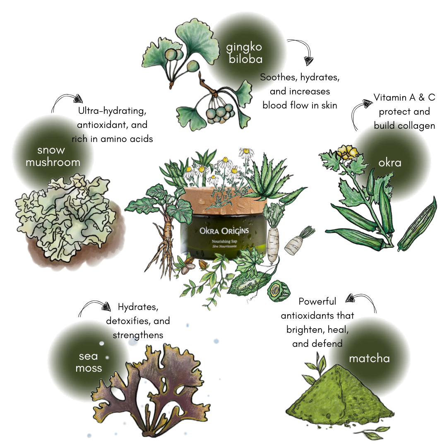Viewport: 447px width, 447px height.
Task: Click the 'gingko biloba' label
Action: pos(244,53)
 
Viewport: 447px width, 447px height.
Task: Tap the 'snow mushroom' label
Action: pos(53,156)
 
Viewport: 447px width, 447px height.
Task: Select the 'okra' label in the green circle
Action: pos(390,163)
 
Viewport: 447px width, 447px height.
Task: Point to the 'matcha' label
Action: pos(369,358)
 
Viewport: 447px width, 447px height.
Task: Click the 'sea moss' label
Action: pos(89,362)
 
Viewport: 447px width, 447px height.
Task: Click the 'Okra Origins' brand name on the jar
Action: pos(224,231)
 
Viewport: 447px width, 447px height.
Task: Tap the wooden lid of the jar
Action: pos(225,201)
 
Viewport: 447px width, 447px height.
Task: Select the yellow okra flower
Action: pos(347,152)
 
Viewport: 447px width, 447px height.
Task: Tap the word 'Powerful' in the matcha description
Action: pos(317,301)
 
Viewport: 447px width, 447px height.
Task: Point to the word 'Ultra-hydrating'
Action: pos(112,111)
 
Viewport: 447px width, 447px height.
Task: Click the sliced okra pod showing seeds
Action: pos(417,225)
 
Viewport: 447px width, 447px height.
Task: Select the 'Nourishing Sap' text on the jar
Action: pos(224,241)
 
